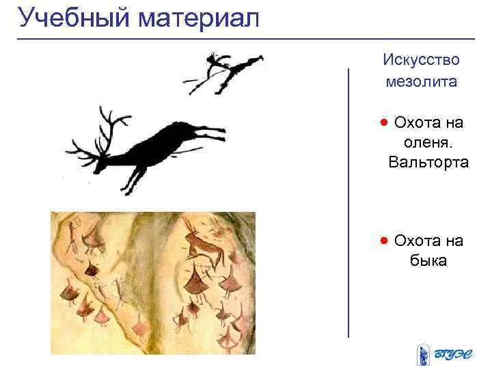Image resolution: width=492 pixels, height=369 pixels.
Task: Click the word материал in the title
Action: pyautogui.click(x=199, y=18)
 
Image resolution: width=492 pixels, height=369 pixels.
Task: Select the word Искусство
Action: pyautogui.click(x=421, y=59)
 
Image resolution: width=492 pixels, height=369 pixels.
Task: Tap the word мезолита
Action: pyautogui.click(x=421, y=82)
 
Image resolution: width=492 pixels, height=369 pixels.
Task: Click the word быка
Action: pyautogui.click(x=428, y=260)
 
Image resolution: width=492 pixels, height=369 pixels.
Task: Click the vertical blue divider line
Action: pyautogui.click(x=348, y=205)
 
